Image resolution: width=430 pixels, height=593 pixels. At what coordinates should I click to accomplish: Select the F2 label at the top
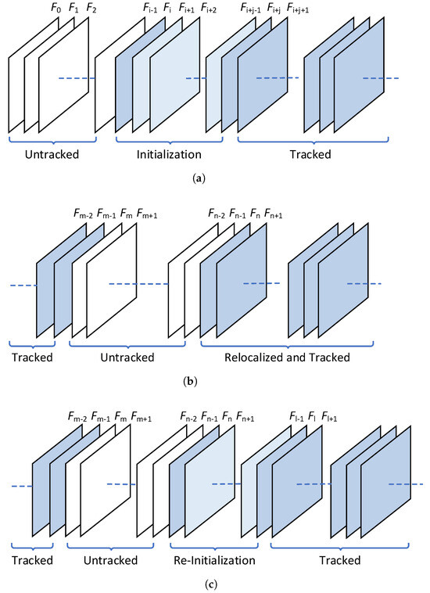91,9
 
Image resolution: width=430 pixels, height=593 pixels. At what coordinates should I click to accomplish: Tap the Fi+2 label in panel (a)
210,9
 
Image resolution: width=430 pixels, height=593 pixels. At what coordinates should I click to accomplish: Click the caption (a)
199,179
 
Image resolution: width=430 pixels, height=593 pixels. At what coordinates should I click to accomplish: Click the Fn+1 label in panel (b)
274,214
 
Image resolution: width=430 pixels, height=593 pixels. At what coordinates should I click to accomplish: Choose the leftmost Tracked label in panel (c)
32,560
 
